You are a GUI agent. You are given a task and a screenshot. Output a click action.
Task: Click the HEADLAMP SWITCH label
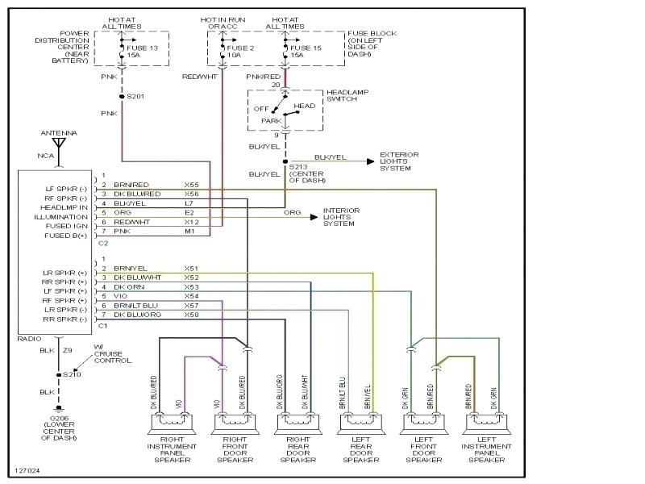pyautogui.click(x=346, y=95)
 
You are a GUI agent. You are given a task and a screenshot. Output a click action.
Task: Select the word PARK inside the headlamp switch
pyautogui.click(x=272, y=121)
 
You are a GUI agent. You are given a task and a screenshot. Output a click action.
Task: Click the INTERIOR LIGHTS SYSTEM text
pyautogui.click(x=341, y=216)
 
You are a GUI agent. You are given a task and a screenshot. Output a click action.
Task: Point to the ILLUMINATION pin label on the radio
pyautogui.click(x=61, y=217)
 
